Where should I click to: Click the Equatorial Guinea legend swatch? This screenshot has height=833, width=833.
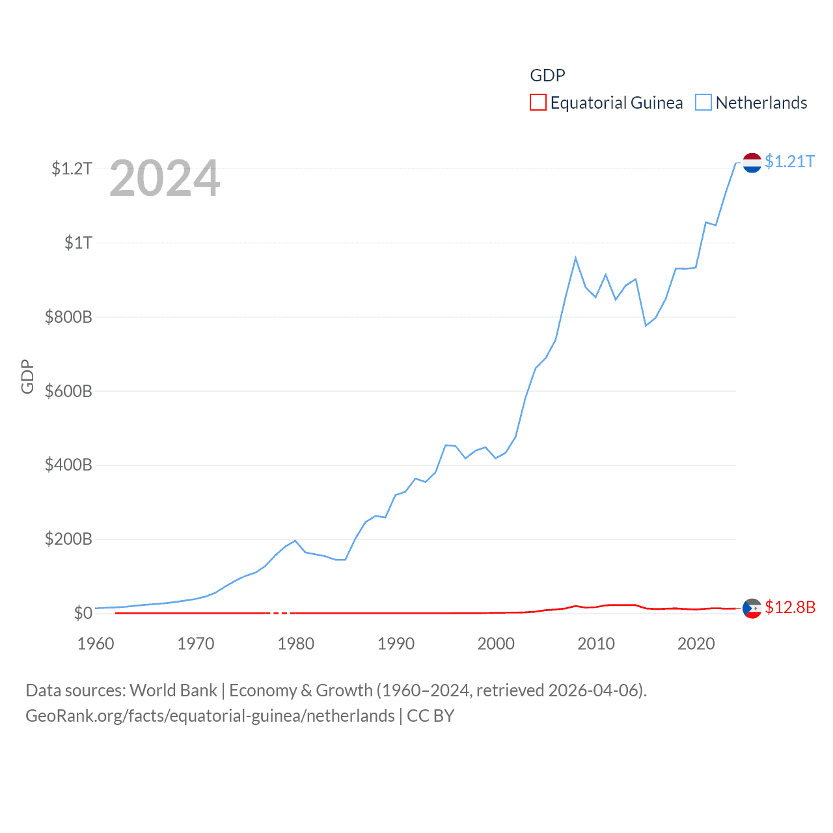538,102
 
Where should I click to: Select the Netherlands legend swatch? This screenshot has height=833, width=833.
703,102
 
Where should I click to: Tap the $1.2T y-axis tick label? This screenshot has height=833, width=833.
72,169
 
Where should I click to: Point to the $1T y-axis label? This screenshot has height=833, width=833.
78,243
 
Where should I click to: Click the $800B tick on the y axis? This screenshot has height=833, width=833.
68,317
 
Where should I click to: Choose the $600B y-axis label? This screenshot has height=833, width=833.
68,391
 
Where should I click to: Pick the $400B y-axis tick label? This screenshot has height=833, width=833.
68,465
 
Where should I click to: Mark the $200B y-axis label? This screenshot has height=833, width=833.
68,539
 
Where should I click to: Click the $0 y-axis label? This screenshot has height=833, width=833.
83,613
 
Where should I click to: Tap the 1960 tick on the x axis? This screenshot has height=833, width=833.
96,644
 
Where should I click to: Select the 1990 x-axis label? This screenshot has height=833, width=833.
396,644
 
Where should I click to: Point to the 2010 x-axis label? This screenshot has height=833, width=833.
596,644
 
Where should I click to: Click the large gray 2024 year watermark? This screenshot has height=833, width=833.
165,178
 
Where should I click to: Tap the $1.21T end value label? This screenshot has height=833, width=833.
789,161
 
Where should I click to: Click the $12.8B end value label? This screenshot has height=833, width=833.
790,607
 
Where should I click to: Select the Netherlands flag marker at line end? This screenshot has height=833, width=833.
752,163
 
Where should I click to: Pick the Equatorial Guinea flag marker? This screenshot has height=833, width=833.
752,608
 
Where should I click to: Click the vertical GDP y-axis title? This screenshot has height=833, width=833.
27,376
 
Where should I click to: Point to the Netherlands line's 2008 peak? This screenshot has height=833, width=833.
576,258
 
